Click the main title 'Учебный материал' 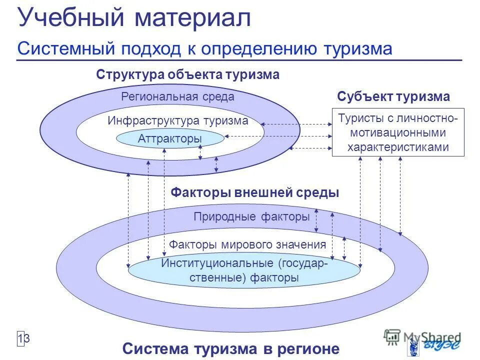[x=134, y=18]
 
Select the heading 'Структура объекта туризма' [x=187, y=75]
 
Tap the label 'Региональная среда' [x=177, y=96]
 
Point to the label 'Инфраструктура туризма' [x=177, y=120]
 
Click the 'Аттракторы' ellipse [x=170, y=138]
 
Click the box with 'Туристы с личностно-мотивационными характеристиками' [x=398, y=132]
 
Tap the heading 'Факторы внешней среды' [x=255, y=192]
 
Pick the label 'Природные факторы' [x=251, y=217]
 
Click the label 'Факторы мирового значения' [x=247, y=244]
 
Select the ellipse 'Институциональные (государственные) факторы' [x=244, y=270]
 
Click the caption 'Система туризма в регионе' [x=230, y=348]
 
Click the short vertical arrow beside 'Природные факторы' [x=316, y=220]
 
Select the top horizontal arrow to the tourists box [x=296, y=124]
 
